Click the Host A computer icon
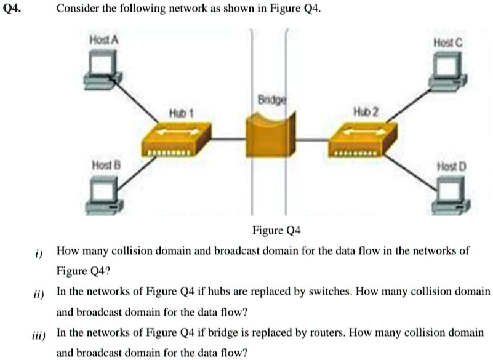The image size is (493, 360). coord(102,66)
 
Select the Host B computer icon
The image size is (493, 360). coord(102,195)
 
